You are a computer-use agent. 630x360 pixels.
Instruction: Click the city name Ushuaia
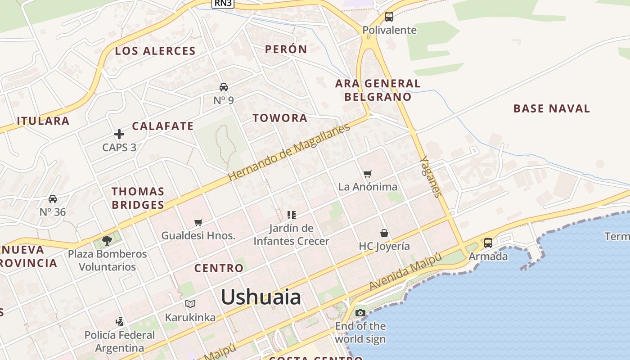pos(261,297)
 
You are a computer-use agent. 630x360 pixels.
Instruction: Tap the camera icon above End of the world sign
pos(360,313)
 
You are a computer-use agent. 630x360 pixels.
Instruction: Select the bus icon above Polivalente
pos(389,17)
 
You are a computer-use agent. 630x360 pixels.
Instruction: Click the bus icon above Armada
pos(488,243)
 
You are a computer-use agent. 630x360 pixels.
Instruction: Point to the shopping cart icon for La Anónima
pos(368,174)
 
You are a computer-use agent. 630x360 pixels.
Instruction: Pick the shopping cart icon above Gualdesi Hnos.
pos(198,222)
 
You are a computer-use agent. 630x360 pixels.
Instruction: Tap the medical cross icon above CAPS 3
pos(119,134)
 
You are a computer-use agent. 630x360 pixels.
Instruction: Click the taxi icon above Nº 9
pos(224,87)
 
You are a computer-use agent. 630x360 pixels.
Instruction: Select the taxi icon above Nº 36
pos(53,199)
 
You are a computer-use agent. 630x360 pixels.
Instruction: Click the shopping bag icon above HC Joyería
pos(384,233)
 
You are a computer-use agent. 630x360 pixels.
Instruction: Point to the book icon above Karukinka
pos(190,304)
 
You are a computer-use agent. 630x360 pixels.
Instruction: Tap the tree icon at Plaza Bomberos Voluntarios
pos(107,241)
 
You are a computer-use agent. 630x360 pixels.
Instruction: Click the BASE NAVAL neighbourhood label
pos(552,108)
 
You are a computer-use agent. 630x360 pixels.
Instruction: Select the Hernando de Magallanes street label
pos(289,153)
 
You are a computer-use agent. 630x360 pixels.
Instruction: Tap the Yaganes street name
pos(430,177)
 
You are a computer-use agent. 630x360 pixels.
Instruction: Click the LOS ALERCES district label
pos(155,51)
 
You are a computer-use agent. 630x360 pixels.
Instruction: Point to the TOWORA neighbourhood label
pos(280,118)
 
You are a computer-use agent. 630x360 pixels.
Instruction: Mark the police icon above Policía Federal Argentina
pos(119,322)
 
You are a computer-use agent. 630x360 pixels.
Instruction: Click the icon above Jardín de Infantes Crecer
pos(291,215)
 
